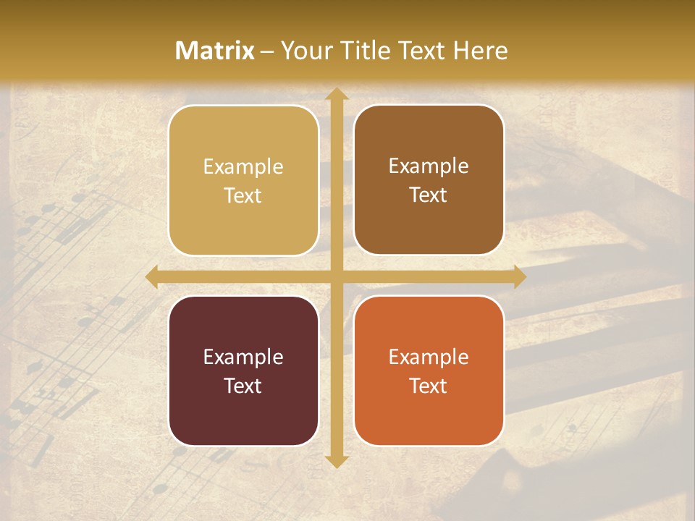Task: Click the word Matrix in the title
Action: coord(215,51)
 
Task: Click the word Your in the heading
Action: coord(303,51)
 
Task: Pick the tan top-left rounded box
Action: coord(243,180)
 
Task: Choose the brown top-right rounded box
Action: coord(429,180)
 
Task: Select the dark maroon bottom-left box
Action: coord(243,370)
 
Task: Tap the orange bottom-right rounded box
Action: coord(429,370)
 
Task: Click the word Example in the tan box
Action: coord(243,166)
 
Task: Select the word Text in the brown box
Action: coord(429,195)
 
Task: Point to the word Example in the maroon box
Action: coord(243,357)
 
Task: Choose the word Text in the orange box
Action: coord(429,386)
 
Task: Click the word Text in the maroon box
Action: coord(243,386)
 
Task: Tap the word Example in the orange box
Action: coord(429,357)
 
